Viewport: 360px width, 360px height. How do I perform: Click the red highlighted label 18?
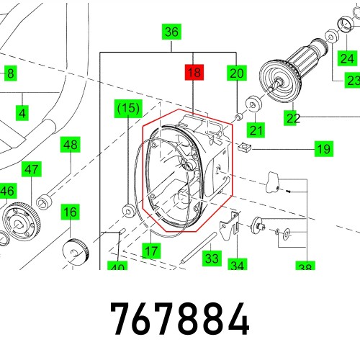point(194,72)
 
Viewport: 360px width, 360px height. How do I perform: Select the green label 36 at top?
point(171,32)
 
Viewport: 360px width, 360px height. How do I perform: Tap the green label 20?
point(238,72)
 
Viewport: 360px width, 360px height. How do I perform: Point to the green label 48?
point(70,145)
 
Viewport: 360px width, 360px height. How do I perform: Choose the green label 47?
point(31,170)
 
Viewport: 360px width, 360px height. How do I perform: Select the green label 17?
point(150,251)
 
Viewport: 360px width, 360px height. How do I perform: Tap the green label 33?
point(211,257)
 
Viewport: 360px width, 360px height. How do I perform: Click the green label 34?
point(238,265)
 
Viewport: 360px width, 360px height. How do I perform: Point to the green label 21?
point(256,130)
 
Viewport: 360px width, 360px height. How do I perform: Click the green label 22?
point(292,118)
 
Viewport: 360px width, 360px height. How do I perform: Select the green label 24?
point(348,58)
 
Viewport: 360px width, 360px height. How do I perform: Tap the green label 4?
point(22,113)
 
